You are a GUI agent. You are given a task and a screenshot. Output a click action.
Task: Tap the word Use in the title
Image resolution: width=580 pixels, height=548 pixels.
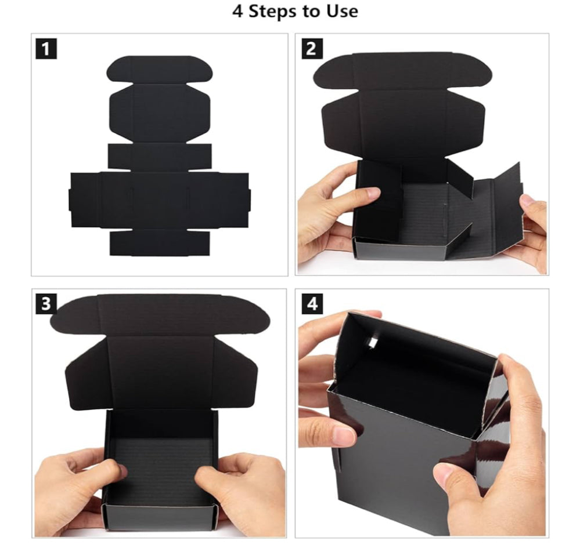pos(342,11)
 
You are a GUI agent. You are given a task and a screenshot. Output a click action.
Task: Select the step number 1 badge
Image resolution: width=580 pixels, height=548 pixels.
pos(46,48)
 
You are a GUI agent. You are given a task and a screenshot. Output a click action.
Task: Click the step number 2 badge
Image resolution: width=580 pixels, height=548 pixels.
pos(312,48)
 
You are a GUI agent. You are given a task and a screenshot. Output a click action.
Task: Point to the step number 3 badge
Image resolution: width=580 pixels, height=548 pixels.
pos(46,304)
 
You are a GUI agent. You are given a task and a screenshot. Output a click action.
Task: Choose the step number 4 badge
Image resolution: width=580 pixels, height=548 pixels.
pos(312,304)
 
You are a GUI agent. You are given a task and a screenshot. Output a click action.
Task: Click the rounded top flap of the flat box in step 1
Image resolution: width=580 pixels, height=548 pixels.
pos(160,70)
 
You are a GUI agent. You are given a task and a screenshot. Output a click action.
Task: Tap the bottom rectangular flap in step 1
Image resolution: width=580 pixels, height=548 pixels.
pos(160,242)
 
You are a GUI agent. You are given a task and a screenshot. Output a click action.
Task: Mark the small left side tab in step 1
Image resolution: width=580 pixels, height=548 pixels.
pos(70,199)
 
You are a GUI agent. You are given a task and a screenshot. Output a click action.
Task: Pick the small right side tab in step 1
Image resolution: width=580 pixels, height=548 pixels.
pos(249,199)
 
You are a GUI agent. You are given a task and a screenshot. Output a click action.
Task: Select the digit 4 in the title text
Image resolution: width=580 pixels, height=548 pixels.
pos(237,12)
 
